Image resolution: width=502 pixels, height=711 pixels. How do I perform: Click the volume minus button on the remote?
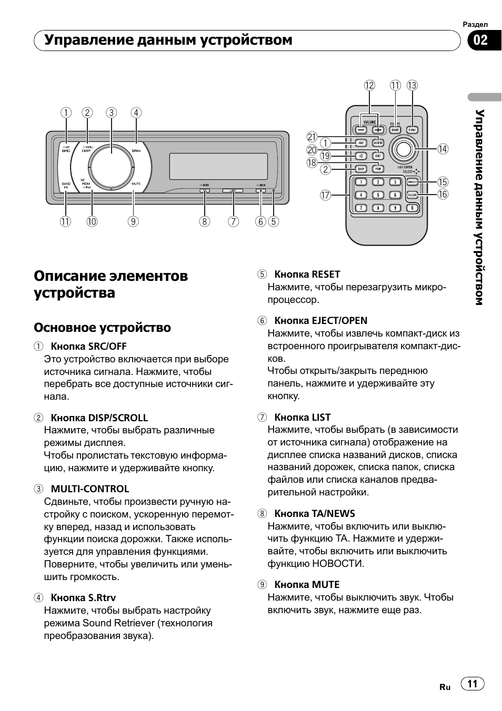pos(360,129)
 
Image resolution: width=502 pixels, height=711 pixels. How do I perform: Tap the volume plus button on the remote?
pos(377,129)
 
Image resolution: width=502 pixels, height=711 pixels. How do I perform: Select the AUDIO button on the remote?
pos(377,143)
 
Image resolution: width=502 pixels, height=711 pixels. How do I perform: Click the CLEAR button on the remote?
pos(412,195)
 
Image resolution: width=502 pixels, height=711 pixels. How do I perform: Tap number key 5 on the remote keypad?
pos(377,195)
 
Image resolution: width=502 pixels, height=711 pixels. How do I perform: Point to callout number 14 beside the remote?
pos(443,149)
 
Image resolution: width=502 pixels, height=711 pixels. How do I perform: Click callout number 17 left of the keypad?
pos(325,196)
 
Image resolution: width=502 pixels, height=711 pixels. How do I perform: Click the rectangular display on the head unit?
pos(218,166)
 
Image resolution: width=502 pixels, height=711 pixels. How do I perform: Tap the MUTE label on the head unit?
pos(136,184)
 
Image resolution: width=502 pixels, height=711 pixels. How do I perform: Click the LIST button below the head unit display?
pos(232,190)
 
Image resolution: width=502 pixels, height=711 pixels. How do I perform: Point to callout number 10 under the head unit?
pos(92,221)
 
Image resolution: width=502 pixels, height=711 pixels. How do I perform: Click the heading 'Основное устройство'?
pos(102,328)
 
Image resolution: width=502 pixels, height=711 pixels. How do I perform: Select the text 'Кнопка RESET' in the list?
pos(307,275)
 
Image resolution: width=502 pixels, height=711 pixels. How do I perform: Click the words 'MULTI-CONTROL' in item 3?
pos(89,489)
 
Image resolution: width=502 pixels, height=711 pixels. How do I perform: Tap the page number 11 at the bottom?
pos(472,684)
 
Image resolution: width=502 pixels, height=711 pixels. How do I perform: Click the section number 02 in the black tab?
pos(480,40)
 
